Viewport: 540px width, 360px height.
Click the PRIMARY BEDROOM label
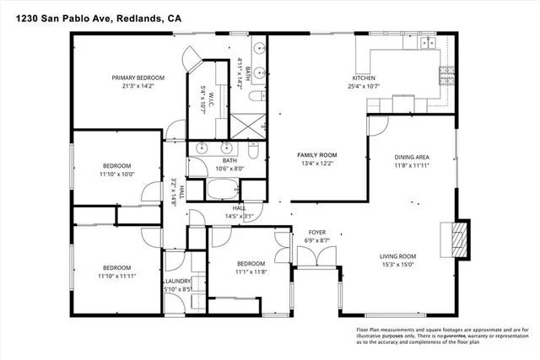coord(138,78)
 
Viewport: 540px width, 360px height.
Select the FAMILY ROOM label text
coord(316,155)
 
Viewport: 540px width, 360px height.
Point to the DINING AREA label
coord(413,157)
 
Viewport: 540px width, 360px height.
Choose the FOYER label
coord(316,234)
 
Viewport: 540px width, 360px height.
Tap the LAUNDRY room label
coord(178,282)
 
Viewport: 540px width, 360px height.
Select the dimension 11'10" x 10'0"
coord(117,174)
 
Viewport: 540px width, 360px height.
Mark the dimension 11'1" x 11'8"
coord(251,271)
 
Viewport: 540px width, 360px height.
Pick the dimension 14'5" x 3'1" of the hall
coord(239,216)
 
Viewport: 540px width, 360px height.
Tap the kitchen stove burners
coord(444,76)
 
